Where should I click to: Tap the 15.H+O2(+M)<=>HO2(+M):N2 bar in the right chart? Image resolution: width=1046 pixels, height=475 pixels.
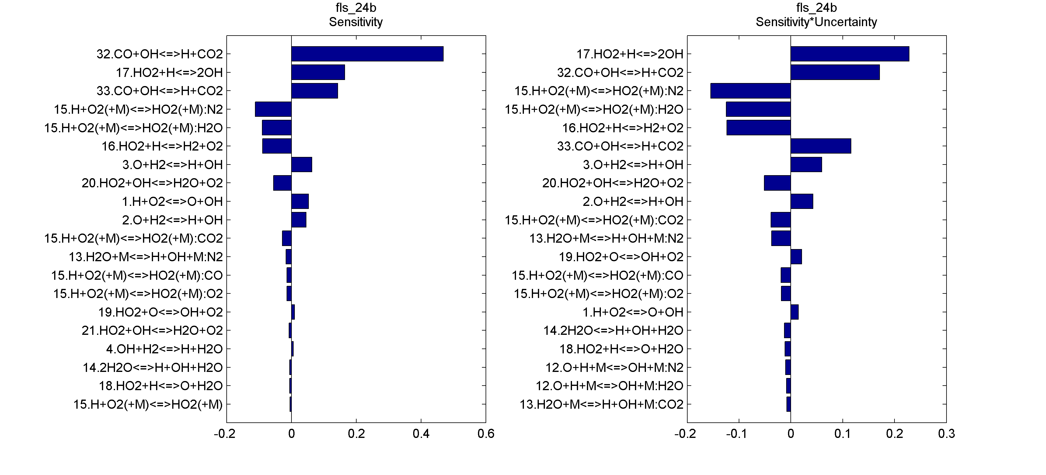point(750,91)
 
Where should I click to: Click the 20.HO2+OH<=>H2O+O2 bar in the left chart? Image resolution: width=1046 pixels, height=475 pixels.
point(282,183)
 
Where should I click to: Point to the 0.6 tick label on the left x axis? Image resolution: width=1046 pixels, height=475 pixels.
point(486,434)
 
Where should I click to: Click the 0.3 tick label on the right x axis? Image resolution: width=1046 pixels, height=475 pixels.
point(946,434)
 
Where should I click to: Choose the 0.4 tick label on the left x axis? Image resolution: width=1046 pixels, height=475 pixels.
point(421,434)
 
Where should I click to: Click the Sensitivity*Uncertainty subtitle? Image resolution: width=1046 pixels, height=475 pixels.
point(816,22)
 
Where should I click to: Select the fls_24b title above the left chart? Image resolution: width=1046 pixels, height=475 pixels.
point(356,8)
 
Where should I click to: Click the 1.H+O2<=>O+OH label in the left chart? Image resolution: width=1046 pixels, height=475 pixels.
point(172,201)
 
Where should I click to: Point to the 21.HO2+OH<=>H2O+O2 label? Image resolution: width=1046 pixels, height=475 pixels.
point(152,331)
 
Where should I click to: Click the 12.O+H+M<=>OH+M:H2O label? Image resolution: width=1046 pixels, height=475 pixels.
point(609,386)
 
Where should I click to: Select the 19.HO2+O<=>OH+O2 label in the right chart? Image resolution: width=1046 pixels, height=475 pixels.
point(621,257)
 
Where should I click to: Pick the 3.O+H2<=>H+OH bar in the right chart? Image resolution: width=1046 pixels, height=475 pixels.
point(806,165)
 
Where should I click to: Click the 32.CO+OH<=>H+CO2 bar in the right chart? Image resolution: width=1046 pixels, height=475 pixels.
point(835,72)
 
